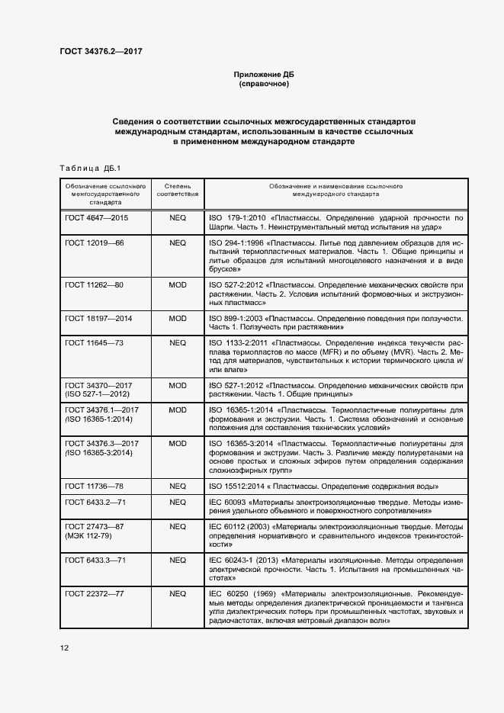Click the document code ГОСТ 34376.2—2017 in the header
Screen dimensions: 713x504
point(101,52)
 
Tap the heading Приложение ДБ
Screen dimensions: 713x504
point(263,75)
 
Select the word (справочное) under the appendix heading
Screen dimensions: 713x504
point(263,84)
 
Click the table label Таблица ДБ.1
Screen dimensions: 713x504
point(85,168)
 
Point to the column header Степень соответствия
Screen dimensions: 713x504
point(178,190)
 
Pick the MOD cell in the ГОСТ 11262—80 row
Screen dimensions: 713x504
point(178,284)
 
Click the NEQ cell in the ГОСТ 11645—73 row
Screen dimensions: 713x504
point(178,342)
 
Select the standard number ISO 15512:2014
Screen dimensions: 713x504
point(239,485)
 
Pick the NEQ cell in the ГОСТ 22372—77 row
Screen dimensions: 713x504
point(178,593)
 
